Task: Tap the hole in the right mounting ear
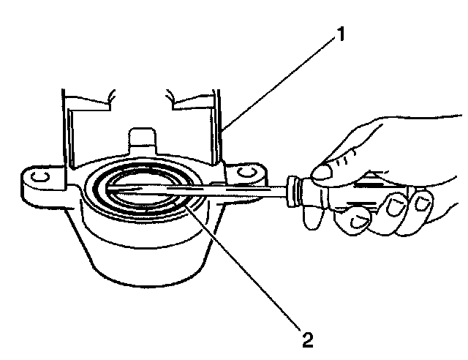coord(246,171)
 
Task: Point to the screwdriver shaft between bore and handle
coord(234,190)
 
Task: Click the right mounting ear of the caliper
coord(245,176)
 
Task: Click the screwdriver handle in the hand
coord(344,194)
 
